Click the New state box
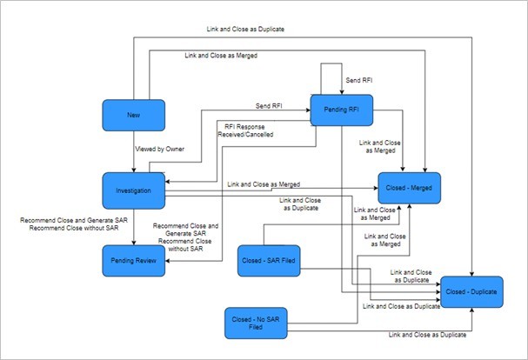click(133, 115)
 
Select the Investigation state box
click(133, 190)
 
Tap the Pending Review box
click(133, 260)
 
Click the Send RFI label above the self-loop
click(359, 80)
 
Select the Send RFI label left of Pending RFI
click(268, 106)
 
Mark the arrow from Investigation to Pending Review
click(133, 226)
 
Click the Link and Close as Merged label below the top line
click(220, 55)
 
